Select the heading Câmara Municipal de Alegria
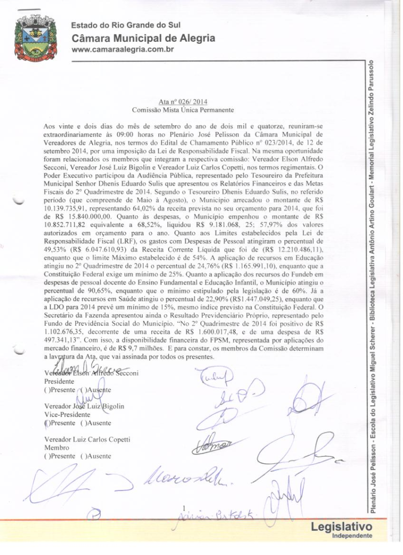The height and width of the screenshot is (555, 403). pos(144,38)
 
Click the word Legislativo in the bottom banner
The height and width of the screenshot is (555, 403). pos(342,526)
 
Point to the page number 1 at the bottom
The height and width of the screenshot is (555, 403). pos(184,508)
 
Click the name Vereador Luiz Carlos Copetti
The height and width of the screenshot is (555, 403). pos(87,440)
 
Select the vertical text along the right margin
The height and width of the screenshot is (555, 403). pos(371,282)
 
